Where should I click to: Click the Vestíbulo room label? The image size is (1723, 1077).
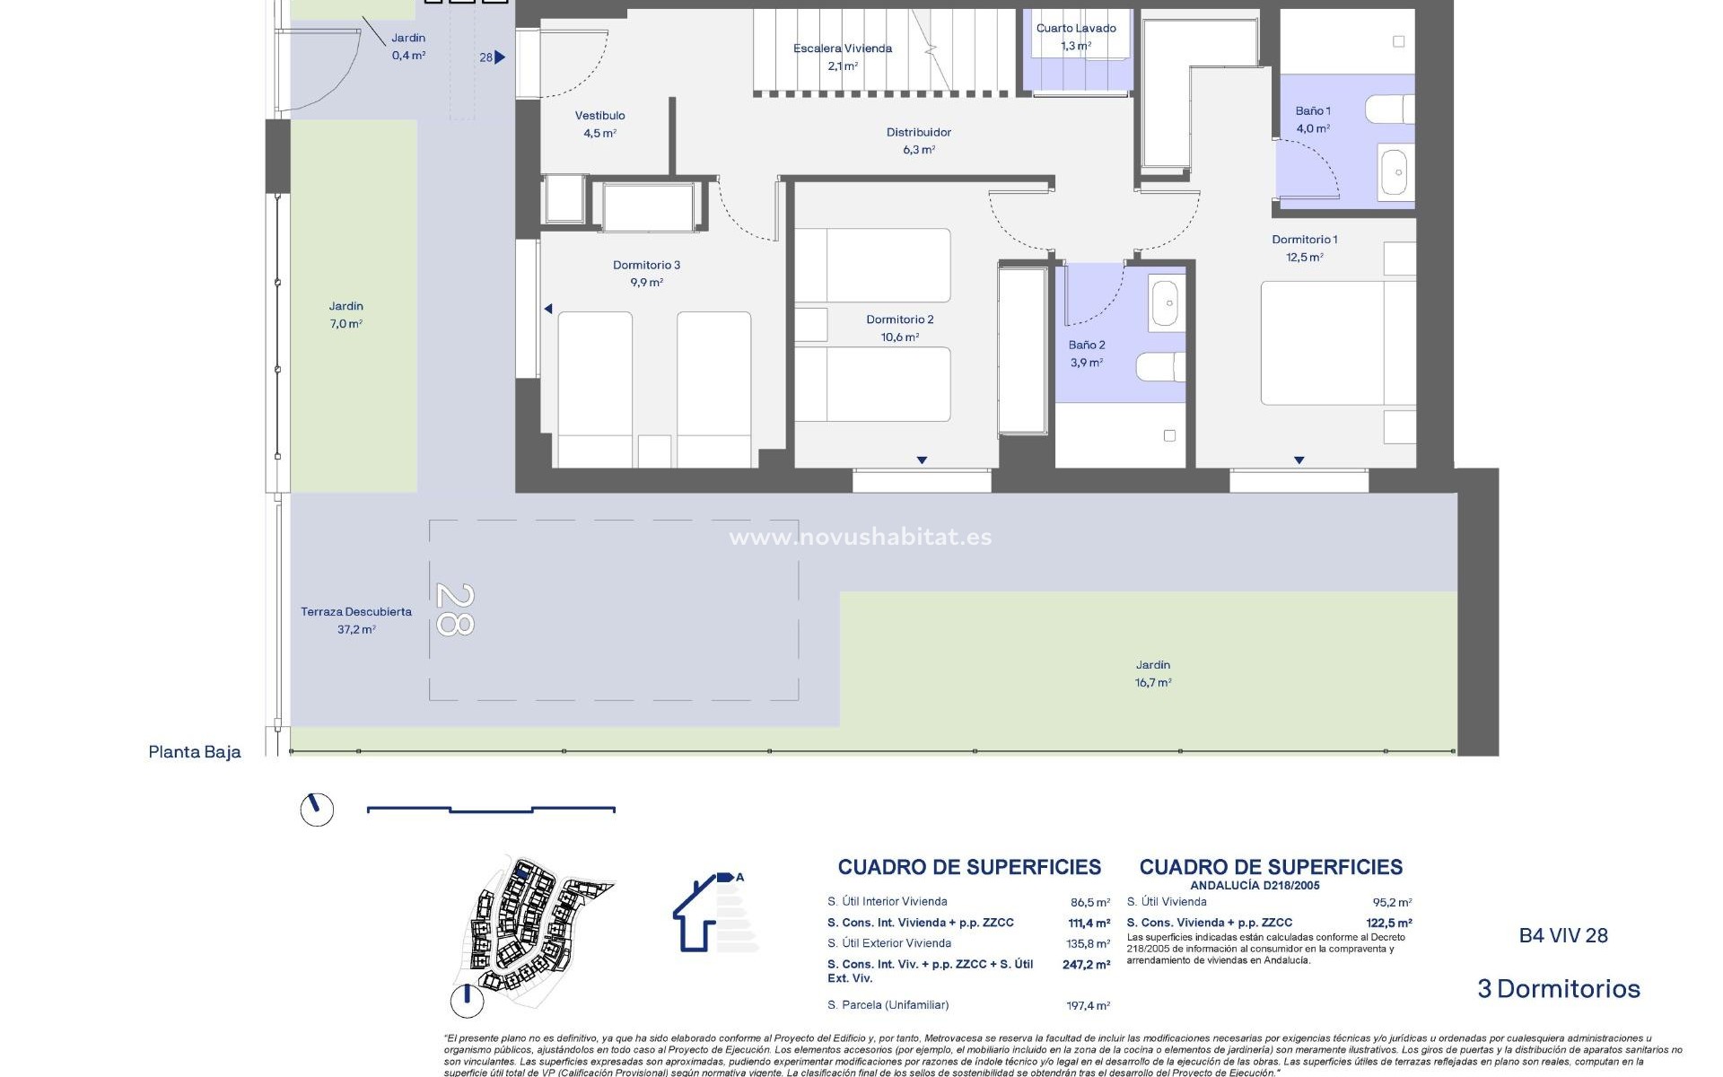tap(599, 116)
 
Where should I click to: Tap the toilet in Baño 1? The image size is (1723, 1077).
tap(1389, 109)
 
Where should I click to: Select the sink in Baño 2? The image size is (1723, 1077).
tap(1167, 304)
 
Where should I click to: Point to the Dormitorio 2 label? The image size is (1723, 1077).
tap(899, 320)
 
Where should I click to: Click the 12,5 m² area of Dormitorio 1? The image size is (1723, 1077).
tap(1304, 258)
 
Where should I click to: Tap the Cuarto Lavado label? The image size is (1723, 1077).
tap(1076, 29)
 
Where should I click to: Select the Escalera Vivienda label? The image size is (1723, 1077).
tap(842, 48)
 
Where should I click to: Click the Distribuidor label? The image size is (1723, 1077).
tap(918, 133)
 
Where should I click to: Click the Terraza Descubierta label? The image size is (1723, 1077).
tap(356, 612)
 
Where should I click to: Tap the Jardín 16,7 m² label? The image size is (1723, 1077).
tap(1153, 674)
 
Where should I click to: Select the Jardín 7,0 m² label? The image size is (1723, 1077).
tap(345, 315)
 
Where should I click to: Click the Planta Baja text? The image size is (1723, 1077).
tap(195, 752)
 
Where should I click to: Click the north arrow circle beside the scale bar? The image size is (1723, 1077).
tap(316, 809)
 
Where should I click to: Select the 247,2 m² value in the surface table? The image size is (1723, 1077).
tap(1086, 965)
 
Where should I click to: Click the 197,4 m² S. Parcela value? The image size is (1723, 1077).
tap(1088, 1006)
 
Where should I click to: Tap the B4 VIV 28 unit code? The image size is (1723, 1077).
tap(1563, 935)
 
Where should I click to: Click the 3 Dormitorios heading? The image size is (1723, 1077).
tap(1559, 989)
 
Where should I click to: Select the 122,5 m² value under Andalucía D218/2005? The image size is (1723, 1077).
tap(1388, 923)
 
